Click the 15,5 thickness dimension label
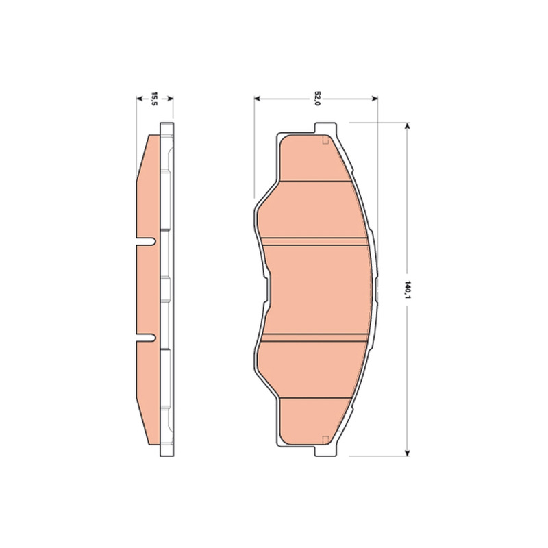pos(154,99)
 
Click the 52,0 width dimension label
pos(317,99)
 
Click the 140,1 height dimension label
pos(407,289)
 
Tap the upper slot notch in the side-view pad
pos(146,242)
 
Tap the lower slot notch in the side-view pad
pos(146,338)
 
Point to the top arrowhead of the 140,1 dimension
pos(407,126)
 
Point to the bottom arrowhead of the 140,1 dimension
pos(407,453)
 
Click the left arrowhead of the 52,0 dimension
pos(258,99)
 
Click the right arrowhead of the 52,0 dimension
pos(374,99)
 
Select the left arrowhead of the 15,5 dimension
pos(140,99)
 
